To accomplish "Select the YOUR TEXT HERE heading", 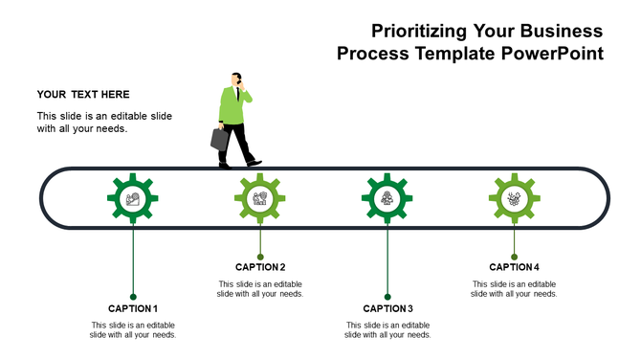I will click(83, 95).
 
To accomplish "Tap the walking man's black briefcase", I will click(220, 139).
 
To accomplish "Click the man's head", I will click(236, 79).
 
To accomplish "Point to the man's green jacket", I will click(233, 107).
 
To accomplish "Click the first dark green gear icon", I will click(133, 199).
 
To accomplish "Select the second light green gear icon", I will click(260, 199).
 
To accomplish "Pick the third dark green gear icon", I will click(387, 199).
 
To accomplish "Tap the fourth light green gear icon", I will click(515, 199).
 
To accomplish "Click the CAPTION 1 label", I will click(133, 308).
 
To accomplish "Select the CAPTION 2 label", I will click(260, 267).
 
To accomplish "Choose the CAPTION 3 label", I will click(387, 308).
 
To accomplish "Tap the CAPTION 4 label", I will click(515, 267).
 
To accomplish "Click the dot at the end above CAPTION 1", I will click(133, 297).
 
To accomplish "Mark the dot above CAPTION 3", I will click(387, 297).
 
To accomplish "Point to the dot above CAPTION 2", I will click(260, 257).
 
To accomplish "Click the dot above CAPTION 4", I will click(515, 257).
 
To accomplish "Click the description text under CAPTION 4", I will click(515, 289).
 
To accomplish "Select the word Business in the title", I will click(555, 32).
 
